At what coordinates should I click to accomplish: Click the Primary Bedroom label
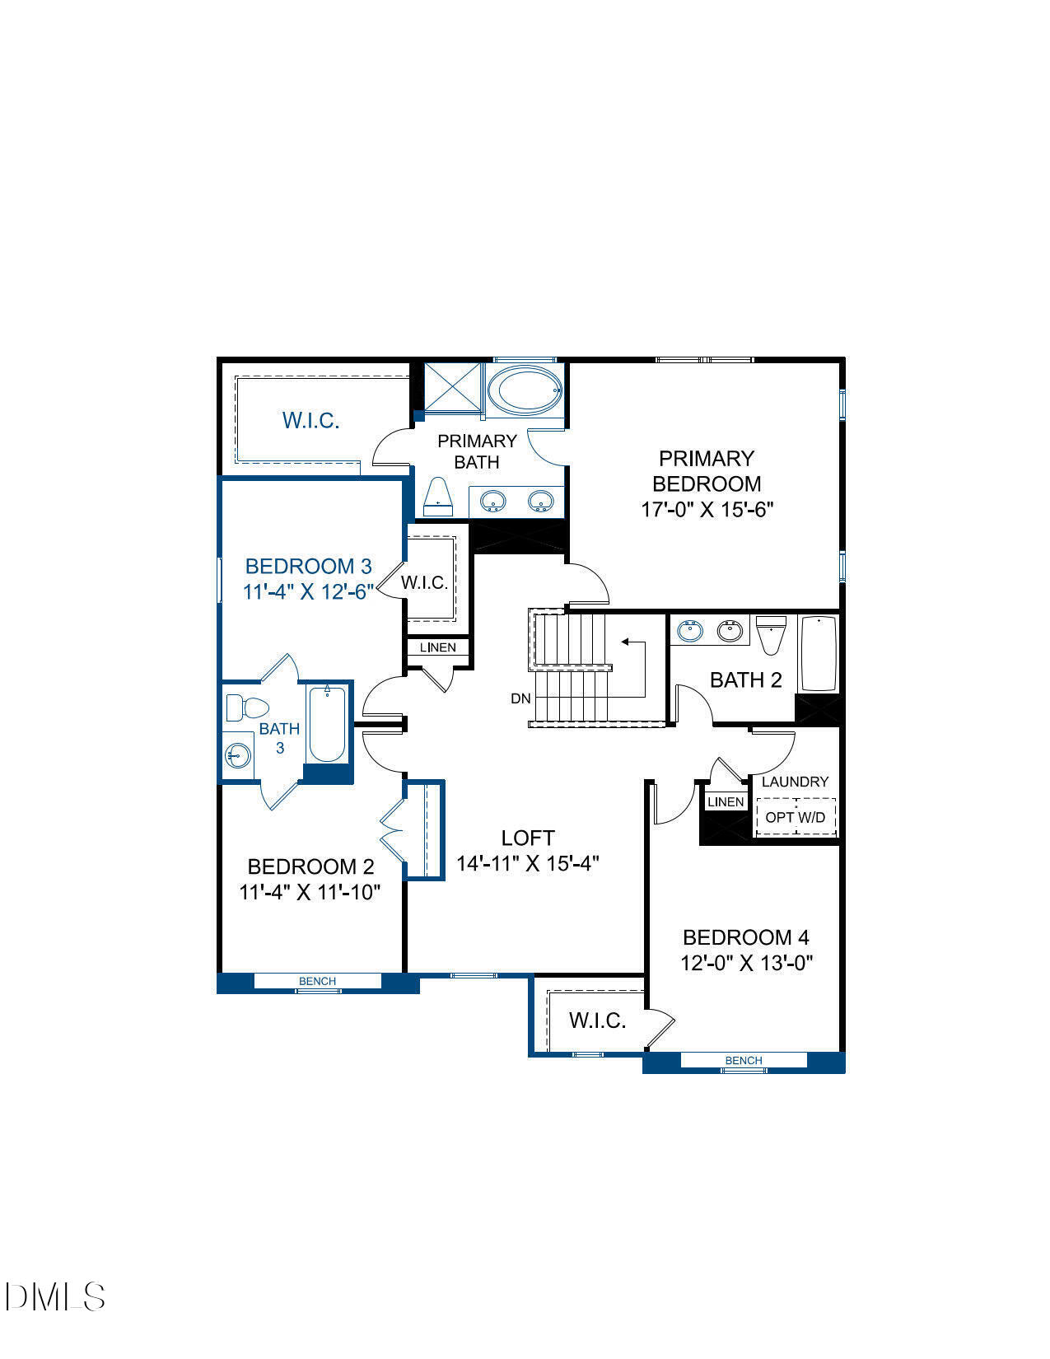(707, 470)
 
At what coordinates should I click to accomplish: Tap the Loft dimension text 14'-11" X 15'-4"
(527, 864)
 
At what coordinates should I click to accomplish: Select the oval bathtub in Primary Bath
(524, 391)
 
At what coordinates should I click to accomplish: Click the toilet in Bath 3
(248, 707)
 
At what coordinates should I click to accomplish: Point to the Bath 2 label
(745, 680)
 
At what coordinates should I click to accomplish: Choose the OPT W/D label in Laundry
(795, 817)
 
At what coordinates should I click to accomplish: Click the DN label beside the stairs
(520, 698)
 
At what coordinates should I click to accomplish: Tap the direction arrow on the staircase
(630, 642)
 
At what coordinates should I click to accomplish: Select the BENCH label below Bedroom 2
(317, 981)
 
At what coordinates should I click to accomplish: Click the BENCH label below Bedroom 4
(743, 1061)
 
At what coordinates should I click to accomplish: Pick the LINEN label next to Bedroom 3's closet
(437, 647)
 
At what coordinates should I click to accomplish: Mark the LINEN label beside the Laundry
(726, 801)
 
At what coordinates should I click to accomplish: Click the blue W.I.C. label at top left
(310, 420)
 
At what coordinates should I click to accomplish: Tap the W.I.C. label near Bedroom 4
(597, 1021)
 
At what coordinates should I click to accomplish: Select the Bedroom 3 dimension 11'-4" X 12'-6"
(309, 591)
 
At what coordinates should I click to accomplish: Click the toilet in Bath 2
(771, 634)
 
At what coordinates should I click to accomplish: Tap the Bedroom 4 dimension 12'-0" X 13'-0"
(746, 963)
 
